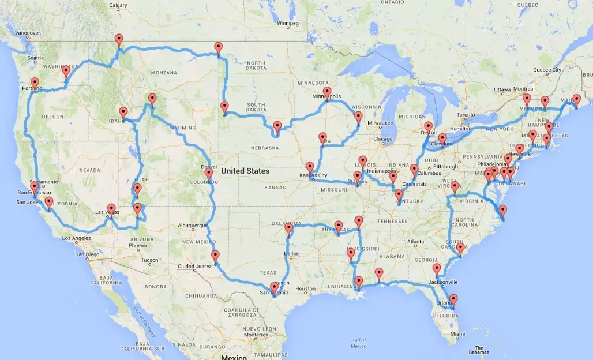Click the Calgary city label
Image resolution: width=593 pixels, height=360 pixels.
(x=118, y=6)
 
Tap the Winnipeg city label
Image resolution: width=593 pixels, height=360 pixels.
(x=288, y=24)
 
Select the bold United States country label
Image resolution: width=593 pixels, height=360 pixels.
(x=245, y=171)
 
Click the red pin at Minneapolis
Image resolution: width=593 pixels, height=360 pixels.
(x=327, y=93)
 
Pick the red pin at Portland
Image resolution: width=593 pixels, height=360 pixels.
(x=35, y=84)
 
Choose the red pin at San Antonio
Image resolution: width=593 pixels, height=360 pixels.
(x=273, y=288)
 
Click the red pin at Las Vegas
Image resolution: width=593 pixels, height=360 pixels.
(x=111, y=209)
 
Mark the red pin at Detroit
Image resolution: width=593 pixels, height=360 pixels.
(x=428, y=128)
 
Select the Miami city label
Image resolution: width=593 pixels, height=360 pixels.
(x=457, y=334)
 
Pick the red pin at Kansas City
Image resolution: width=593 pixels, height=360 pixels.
(x=310, y=168)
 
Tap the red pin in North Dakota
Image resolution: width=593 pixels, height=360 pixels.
(x=218, y=48)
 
